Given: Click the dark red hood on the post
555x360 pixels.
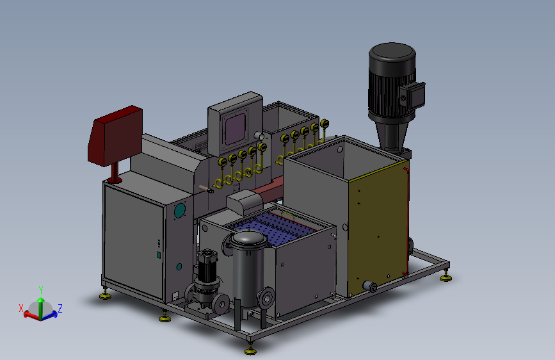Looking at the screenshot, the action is click(x=115, y=136).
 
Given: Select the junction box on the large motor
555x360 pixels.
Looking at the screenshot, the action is click(x=413, y=95).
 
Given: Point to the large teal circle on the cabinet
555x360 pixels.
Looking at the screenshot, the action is click(x=180, y=211).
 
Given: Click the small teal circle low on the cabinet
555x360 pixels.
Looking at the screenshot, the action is click(x=179, y=266).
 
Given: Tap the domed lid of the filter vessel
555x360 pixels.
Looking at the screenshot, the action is click(x=249, y=239).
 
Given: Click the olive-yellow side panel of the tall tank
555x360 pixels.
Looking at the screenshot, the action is click(x=379, y=227).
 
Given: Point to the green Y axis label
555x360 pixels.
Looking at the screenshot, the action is click(x=41, y=290).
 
